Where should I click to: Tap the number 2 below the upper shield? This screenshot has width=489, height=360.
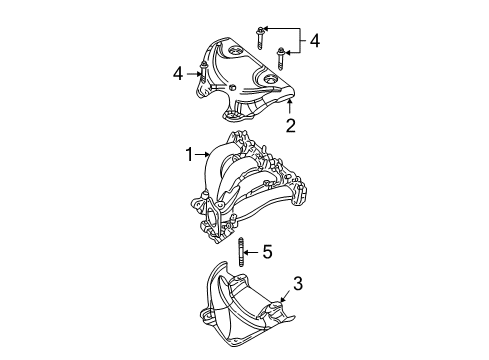pyautogui.click(x=290, y=126)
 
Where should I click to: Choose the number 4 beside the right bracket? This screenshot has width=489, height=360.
pyautogui.click(x=315, y=41)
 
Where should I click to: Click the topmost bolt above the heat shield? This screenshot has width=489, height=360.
pyautogui.click(x=261, y=28)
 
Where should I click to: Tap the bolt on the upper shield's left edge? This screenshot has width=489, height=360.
pyautogui.click(x=202, y=72)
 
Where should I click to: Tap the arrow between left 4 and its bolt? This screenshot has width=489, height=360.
pyautogui.click(x=190, y=72)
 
